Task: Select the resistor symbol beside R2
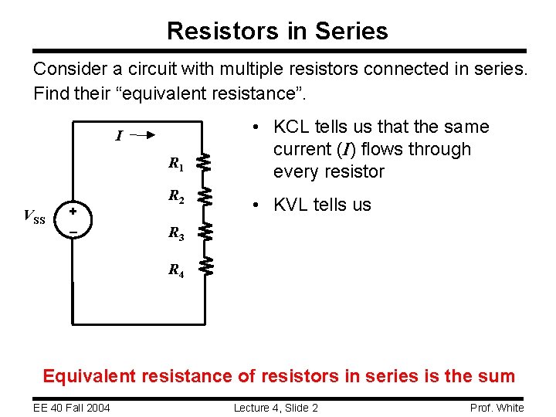[x=205, y=195]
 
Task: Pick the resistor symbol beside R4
[x=205, y=266]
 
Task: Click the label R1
[x=176, y=164]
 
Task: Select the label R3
[x=176, y=233]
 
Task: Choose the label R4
[x=176, y=270]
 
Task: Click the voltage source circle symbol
[x=73, y=220]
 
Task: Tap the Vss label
[x=36, y=217]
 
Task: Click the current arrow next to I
[x=144, y=134]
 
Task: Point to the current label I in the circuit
[x=118, y=137]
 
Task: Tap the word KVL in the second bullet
[x=292, y=205]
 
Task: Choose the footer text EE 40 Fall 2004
[x=71, y=408]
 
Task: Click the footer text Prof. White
[x=497, y=408]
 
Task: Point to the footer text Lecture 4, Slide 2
[x=276, y=408]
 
